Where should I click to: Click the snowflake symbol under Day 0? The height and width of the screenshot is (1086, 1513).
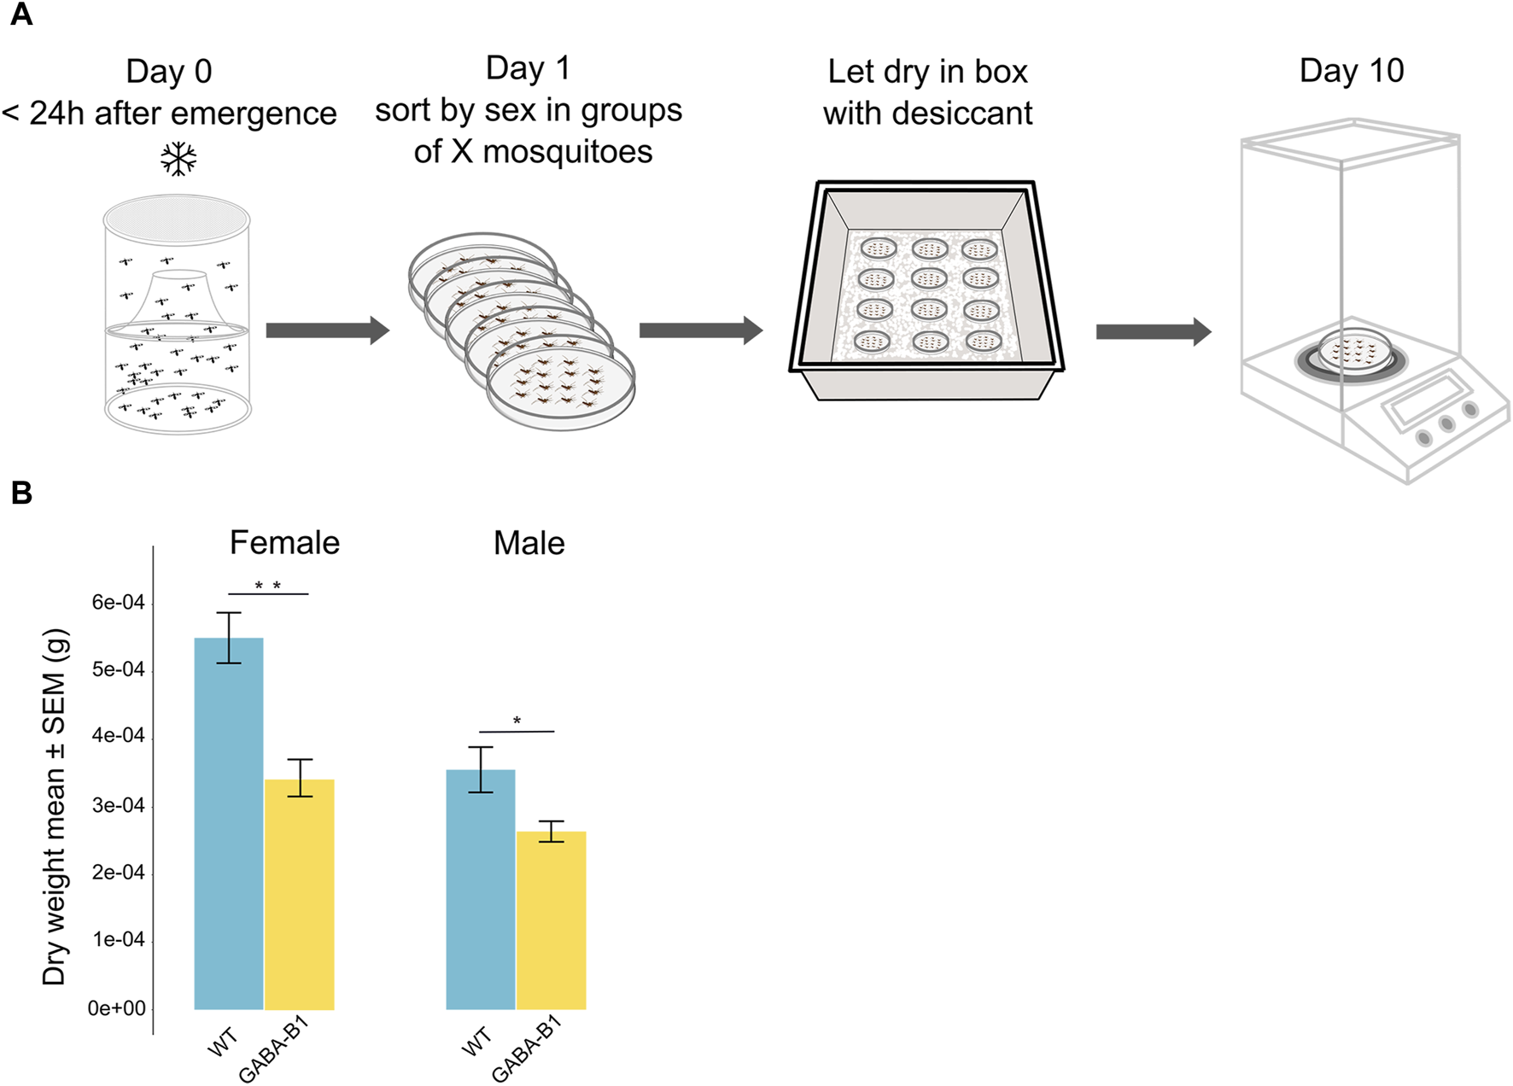click(x=178, y=159)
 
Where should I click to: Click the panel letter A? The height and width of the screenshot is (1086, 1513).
click(x=20, y=15)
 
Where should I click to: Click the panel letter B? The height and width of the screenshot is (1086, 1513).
click(x=21, y=493)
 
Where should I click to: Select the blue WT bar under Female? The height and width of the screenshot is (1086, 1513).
click(x=229, y=824)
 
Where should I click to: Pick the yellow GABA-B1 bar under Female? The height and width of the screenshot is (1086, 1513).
click(x=300, y=894)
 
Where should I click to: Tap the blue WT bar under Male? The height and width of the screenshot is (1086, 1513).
click(x=481, y=890)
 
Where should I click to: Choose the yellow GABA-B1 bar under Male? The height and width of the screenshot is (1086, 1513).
click(x=552, y=920)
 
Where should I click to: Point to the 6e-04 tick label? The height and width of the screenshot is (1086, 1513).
click(x=118, y=603)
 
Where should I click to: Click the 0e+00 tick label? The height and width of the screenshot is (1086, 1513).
click(x=116, y=1008)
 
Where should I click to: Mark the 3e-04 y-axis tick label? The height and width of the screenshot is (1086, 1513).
click(x=118, y=805)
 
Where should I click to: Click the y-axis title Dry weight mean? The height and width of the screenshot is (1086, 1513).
click(x=55, y=807)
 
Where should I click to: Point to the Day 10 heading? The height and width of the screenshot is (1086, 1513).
click(x=1351, y=71)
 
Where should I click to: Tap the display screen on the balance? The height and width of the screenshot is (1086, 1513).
click(x=1427, y=401)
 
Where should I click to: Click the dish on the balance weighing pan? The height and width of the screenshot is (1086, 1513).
click(x=1353, y=350)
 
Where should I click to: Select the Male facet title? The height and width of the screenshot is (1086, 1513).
click(x=529, y=543)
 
